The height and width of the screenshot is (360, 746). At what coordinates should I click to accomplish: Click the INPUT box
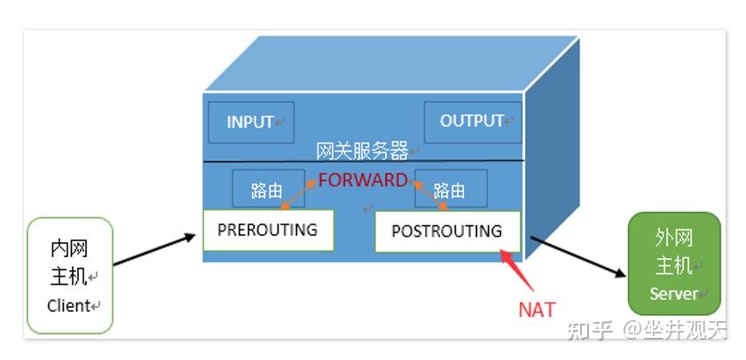coord(251,122)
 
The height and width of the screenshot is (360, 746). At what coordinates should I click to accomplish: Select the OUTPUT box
coord(473,122)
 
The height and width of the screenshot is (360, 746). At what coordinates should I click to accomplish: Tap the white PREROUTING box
coord(268,231)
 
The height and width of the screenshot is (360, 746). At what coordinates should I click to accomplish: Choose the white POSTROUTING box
coord(447,231)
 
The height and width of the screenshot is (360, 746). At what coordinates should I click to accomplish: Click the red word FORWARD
coord(363,180)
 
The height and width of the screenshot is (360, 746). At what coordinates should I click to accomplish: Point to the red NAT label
coord(537,310)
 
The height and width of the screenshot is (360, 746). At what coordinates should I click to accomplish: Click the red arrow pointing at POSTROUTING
coord(516,270)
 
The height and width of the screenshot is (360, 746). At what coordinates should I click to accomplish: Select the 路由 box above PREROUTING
coord(269,188)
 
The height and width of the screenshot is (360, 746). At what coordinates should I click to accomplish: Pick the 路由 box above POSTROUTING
coord(451,188)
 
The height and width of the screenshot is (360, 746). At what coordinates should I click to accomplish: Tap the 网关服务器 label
coord(362,152)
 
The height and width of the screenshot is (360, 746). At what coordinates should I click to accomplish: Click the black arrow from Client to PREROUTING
coord(154,249)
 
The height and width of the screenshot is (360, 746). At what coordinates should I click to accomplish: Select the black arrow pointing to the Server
coord(578,256)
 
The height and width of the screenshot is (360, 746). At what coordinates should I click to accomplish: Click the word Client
coord(68,305)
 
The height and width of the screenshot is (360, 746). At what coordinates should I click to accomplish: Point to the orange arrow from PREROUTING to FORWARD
coord(298,195)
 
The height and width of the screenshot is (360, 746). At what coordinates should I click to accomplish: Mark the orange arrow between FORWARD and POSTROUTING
coord(429,195)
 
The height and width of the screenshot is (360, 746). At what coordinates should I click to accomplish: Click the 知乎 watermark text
coord(590,330)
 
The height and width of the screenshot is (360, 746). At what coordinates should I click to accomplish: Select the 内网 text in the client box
coord(69,249)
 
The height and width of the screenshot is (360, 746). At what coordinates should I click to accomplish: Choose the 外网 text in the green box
coord(673,239)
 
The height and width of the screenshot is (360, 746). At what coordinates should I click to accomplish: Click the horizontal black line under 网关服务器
coord(364,161)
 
